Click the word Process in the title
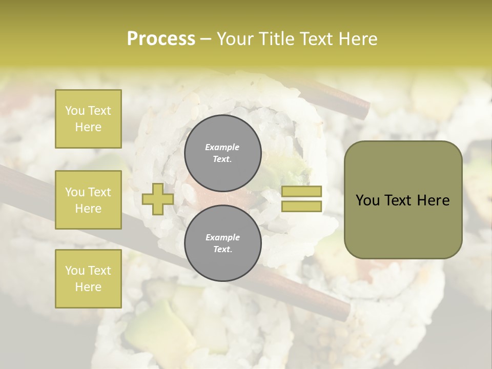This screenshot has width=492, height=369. coord(161,39)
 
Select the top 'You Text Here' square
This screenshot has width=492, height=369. coord(88,119)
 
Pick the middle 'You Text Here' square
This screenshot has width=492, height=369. coord(88,200)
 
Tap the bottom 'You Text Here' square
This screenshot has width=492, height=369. coord(88,278)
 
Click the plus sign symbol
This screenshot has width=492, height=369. coord(158,199)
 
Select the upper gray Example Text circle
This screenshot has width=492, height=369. coord(223,153)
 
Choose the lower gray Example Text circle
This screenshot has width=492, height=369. coord(223,243)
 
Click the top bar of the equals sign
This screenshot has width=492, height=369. coord(302,192)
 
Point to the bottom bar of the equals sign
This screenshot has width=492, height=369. coord(302,206)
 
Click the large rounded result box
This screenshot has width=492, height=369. coord(403,200)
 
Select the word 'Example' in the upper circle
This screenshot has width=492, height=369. coord(222,147)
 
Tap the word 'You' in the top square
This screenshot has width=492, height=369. coord(75,111)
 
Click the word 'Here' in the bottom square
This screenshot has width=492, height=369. coord(88,286)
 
